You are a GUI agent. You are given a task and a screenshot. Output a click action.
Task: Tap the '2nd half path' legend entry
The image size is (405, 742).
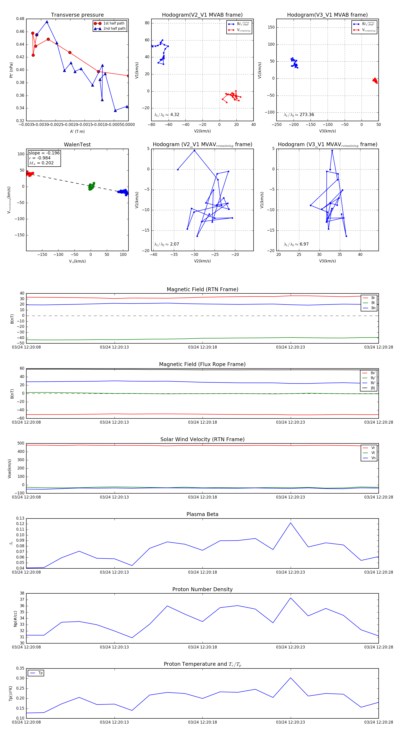coord(114,29)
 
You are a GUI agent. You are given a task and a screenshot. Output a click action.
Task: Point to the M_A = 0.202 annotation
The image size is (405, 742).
coord(41,163)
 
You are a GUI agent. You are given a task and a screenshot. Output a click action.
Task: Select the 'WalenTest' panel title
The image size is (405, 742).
coord(77,145)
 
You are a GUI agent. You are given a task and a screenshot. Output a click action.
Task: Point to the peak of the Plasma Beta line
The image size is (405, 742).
coord(290,523)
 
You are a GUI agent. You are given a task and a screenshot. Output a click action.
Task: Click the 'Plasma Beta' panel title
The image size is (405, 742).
coord(202,514)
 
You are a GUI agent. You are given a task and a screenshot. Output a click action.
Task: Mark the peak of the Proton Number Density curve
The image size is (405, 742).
coord(290,598)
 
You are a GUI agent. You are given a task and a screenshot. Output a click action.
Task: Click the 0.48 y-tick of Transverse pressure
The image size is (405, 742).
coord(20,19)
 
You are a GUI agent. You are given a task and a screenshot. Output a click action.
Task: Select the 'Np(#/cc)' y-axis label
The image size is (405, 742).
coord(15,618)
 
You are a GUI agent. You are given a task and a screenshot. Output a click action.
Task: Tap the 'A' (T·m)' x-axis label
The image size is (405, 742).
coord(77,132)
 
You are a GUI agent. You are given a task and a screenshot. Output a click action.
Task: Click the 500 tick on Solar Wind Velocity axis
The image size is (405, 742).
coord(21,443)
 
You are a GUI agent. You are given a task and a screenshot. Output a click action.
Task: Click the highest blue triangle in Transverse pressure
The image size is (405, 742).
coord(47,22)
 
